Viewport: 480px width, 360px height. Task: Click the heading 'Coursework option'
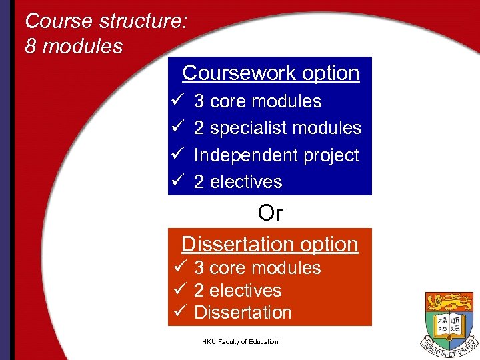271,73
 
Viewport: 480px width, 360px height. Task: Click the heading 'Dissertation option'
269,244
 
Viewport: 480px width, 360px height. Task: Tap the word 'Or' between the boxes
270,213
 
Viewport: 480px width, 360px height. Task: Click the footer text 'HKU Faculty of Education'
240,342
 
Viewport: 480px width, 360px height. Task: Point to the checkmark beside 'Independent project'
177,155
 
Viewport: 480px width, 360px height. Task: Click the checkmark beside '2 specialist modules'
177,127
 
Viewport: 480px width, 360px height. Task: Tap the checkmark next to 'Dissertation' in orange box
177,312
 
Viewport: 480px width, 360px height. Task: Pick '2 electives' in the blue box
238,181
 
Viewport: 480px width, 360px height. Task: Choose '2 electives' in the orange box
238,290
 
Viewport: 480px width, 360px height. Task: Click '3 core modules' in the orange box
257,268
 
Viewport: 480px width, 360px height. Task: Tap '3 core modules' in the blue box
257,101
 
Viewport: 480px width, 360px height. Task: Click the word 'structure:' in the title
143,21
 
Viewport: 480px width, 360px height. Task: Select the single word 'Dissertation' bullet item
243,313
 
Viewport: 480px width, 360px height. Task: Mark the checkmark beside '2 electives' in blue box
177,181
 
